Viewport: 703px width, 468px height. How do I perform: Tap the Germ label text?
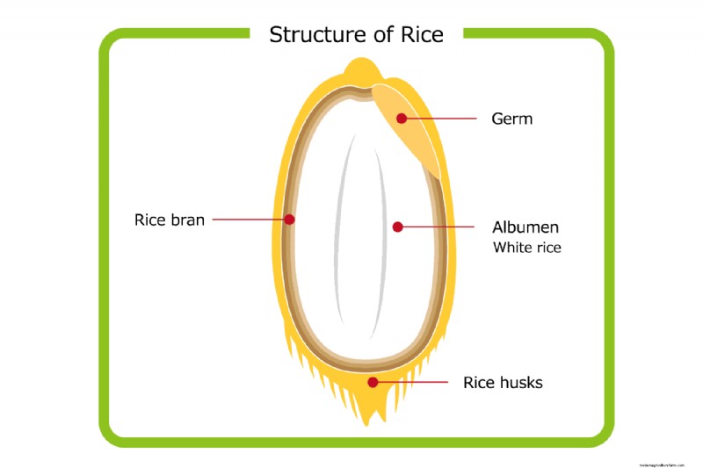click(511, 119)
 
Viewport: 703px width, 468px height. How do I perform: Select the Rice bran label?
click(169, 220)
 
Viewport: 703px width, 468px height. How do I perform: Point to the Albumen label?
click(525, 227)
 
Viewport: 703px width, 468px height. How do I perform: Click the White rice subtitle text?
click(526, 248)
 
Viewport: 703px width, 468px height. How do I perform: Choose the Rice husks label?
click(503, 383)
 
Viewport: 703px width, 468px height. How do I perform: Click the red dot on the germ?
click(402, 118)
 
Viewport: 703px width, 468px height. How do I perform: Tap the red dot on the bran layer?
click(289, 220)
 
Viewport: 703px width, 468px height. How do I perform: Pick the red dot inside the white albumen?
click(397, 227)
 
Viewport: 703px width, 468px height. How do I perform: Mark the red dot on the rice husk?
click(373, 382)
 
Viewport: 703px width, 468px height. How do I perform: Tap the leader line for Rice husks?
click(413, 382)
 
